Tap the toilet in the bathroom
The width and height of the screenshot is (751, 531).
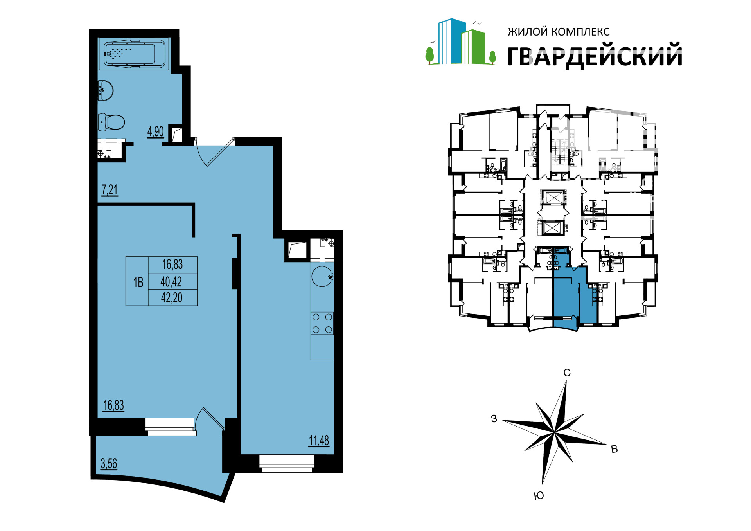point(111,122)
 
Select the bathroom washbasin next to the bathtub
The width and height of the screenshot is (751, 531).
point(105,90)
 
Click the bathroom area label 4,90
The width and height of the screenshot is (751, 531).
point(155,131)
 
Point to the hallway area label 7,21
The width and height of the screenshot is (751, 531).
point(110,190)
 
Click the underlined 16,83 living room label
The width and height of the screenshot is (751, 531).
point(113,405)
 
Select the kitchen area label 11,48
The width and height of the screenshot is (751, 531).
point(319,441)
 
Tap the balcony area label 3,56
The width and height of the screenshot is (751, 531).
point(109,464)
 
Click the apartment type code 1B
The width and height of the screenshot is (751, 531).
point(138,282)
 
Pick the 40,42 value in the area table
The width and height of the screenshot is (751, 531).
point(171,281)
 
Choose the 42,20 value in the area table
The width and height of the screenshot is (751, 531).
point(172,298)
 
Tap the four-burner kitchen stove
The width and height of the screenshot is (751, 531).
point(322,323)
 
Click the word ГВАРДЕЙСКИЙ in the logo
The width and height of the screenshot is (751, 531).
point(595,56)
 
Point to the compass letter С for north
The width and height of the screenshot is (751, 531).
point(567,373)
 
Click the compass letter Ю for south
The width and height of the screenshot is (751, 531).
point(539,496)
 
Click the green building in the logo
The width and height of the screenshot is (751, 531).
point(473,47)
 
